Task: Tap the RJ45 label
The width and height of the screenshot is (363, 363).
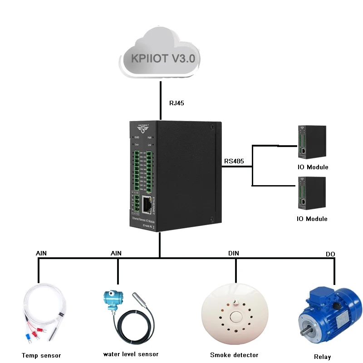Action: [x=177, y=103]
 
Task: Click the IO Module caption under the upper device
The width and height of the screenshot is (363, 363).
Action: [x=313, y=167]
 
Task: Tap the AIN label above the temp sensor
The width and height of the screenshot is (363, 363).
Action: [x=41, y=252]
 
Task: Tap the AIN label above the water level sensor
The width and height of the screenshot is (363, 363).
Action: [x=116, y=252]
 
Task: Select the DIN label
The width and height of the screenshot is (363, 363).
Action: [x=234, y=253]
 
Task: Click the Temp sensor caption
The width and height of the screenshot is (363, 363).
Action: [x=41, y=355]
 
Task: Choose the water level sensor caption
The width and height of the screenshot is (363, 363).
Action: [x=131, y=354]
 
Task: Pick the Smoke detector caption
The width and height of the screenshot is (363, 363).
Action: [x=234, y=355]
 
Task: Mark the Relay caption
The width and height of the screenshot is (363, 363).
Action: [x=323, y=357]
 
